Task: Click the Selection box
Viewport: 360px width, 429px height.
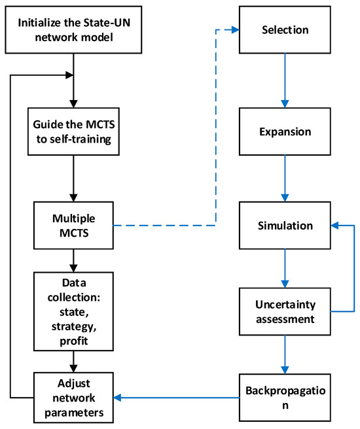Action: (x=285, y=30)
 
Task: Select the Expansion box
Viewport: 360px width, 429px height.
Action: (x=285, y=131)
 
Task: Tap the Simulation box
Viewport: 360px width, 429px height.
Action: (x=285, y=226)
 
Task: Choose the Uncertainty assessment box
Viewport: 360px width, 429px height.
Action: (x=285, y=310)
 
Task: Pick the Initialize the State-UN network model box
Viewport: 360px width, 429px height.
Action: (x=73, y=30)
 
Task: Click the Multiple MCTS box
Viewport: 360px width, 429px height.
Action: (x=73, y=226)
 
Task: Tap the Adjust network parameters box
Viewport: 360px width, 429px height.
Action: (x=73, y=397)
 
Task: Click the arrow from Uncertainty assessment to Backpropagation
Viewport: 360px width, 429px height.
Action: (x=285, y=353)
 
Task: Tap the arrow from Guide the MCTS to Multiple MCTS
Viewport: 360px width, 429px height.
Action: (x=73, y=179)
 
